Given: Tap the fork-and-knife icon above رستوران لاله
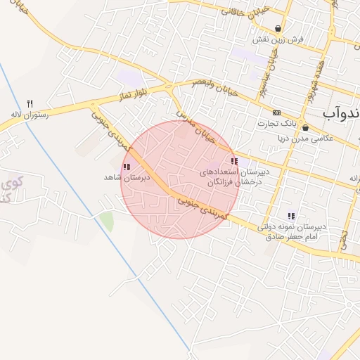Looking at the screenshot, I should (30, 103).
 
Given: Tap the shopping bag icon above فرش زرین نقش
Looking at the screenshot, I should (279, 29).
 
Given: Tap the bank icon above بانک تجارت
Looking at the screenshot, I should (277, 112).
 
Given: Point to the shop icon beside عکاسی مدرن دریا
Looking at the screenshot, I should (305, 127).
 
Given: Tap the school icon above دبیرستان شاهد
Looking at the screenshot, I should (127, 167).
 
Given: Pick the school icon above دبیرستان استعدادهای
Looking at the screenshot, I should (233, 161).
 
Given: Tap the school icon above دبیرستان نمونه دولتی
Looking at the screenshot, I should (290, 216).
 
